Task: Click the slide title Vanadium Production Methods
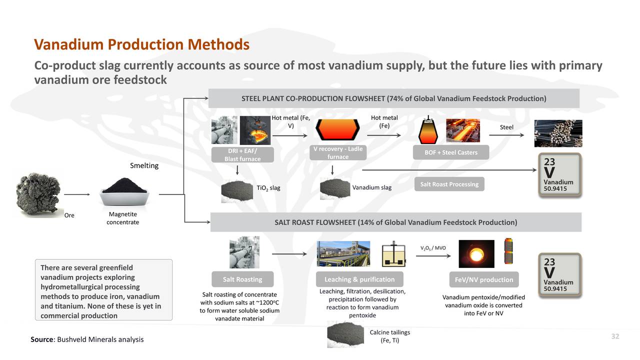tap(141, 45)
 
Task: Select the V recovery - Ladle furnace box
tap(338, 152)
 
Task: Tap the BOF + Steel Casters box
tap(450, 152)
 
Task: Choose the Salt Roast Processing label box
tap(449, 184)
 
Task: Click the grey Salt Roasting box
tap(242, 279)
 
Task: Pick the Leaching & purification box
tap(359, 279)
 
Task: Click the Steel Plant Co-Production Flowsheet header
tap(393, 98)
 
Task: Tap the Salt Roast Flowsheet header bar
tap(395, 222)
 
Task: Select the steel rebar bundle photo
tap(558, 133)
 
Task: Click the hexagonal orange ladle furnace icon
tap(338, 131)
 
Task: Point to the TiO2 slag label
tap(268, 188)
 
